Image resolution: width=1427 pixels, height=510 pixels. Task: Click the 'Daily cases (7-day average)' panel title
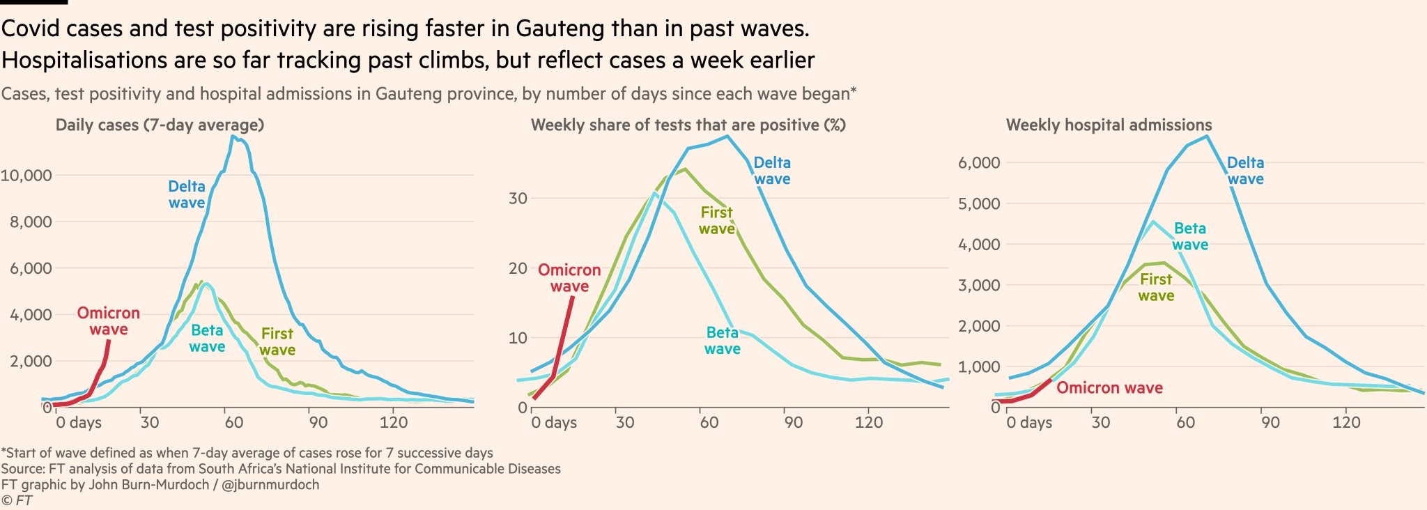point(160,125)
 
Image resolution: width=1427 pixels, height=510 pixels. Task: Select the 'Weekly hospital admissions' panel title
point(1109,125)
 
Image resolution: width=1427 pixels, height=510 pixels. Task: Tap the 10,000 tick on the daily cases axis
point(26,176)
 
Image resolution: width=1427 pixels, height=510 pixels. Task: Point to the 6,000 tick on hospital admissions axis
point(979,163)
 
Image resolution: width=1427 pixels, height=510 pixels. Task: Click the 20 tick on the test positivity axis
point(518,269)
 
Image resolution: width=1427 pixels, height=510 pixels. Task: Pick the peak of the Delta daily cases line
point(233,137)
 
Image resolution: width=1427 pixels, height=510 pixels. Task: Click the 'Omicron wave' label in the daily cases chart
point(108,321)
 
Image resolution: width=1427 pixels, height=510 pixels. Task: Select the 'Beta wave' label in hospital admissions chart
point(1189,237)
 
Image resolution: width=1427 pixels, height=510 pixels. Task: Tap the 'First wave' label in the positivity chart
point(716,221)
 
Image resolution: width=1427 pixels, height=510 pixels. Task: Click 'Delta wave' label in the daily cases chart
point(187,195)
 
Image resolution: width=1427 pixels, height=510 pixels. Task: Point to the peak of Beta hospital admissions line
point(1152,222)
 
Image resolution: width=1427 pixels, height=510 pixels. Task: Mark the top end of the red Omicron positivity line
point(573,297)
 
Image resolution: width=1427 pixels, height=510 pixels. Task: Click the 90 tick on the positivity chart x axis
point(793,422)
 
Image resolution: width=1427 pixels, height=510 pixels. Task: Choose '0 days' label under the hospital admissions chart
point(1029,422)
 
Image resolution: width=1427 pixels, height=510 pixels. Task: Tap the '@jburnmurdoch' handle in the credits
point(270,485)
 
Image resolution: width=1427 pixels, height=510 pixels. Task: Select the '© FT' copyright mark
point(17,500)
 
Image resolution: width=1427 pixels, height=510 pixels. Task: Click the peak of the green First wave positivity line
point(685,169)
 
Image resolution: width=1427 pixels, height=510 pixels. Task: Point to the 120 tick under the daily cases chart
point(394,422)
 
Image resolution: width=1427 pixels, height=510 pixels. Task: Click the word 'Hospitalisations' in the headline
point(84,61)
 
